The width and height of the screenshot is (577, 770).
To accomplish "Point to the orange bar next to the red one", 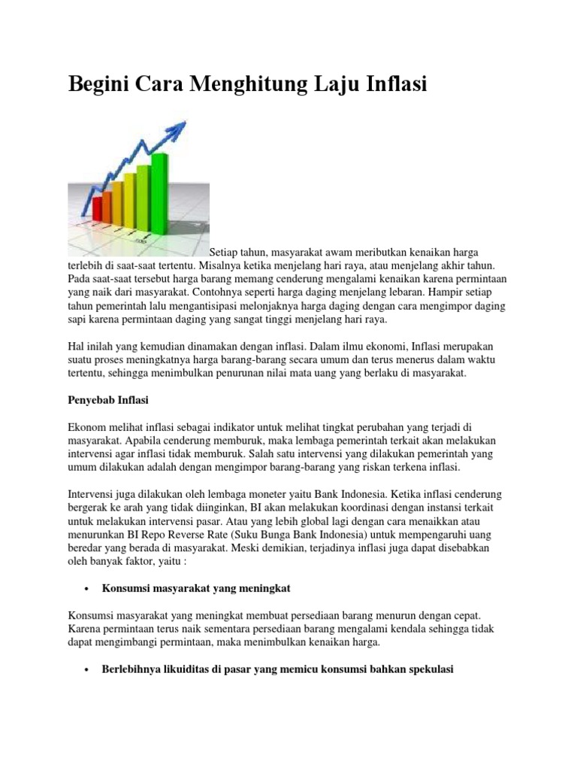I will click(x=117, y=199).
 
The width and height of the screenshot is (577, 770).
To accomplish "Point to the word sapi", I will click(x=79, y=320).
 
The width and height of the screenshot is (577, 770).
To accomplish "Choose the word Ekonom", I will click(x=88, y=426).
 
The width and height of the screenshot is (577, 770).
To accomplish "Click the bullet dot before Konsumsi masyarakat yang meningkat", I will click(x=89, y=587).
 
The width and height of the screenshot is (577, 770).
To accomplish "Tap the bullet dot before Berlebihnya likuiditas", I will click(x=89, y=668).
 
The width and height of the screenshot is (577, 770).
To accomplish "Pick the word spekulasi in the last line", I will click(x=429, y=668).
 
